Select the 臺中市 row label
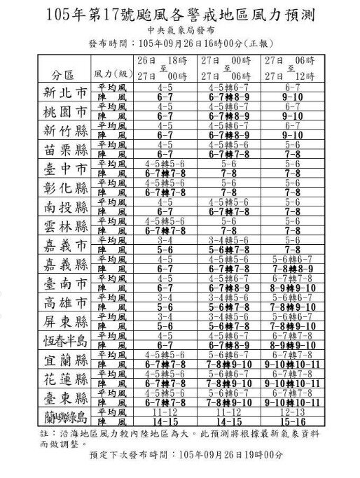pyautogui.click(x=62, y=169)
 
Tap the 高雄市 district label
pyautogui.click(x=62, y=303)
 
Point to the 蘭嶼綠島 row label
pyautogui.click(x=62, y=418)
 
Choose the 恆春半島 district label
pyautogui.click(x=62, y=341)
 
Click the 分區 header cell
pyautogui.click(x=62, y=73)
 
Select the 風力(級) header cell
pyautogui.click(x=111, y=73)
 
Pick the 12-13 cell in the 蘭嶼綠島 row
pyautogui.click(x=292, y=414)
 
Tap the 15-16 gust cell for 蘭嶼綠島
pyautogui.click(x=292, y=423)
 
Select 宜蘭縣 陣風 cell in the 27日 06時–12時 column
pyautogui.click(x=292, y=365)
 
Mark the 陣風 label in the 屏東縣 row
pyautogui.click(x=111, y=326)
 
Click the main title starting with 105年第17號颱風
pyautogui.click(x=181, y=14)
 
